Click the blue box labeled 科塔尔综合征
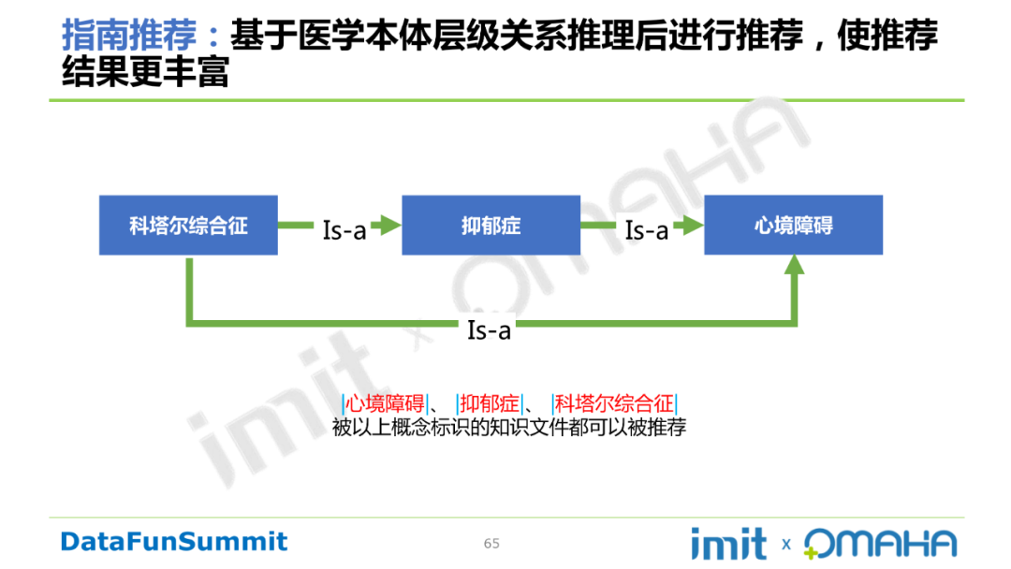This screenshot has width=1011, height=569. click(x=188, y=226)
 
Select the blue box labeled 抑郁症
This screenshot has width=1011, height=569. click(x=491, y=226)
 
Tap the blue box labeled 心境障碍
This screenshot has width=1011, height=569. click(x=793, y=226)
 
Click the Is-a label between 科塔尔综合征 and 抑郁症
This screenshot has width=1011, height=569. click(x=344, y=229)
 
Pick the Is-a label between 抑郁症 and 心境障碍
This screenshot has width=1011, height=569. click(x=647, y=229)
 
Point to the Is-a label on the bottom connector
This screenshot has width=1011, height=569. click(x=489, y=329)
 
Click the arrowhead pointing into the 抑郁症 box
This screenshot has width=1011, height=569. click(x=389, y=225)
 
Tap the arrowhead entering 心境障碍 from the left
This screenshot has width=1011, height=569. click(x=693, y=225)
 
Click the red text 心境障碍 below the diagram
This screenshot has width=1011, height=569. click(x=385, y=404)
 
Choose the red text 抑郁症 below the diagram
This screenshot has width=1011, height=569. click(x=489, y=404)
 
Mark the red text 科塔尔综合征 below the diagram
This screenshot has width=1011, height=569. click(x=614, y=404)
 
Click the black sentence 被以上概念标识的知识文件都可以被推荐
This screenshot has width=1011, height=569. click(x=509, y=428)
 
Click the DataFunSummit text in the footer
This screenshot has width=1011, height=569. click(x=174, y=541)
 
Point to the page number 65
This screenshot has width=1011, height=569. click(x=491, y=544)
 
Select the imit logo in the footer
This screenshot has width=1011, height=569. click(x=727, y=543)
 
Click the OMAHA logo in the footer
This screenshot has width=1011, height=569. click(x=880, y=544)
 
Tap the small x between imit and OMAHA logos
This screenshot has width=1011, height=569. click(x=785, y=544)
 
